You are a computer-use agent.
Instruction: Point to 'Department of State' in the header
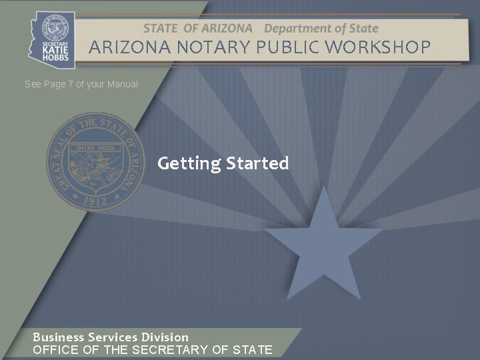pos(321,29)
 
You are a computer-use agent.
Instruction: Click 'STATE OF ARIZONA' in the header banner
pos(197,29)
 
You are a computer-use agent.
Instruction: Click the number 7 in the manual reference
pos(71,85)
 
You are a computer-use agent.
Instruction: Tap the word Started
pos(257,163)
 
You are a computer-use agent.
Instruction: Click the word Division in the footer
pos(164,337)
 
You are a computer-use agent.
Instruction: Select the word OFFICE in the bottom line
pos(55,349)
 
